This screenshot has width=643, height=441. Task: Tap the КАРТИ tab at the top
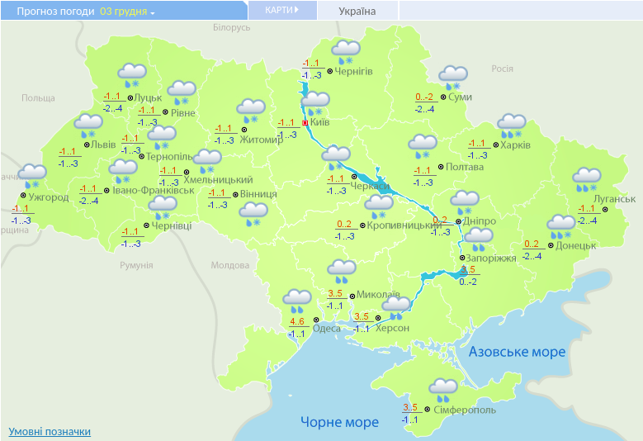[x=280, y=11]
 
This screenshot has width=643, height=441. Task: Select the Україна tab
[x=357, y=12]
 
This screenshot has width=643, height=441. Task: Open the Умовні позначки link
[x=50, y=431]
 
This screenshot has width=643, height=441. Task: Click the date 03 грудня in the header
[x=126, y=12]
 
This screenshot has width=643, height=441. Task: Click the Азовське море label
[x=518, y=352]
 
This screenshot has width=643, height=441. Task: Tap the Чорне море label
[x=339, y=422]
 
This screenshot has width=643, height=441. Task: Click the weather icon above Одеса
[x=297, y=300]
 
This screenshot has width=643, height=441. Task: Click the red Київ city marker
[x=305, y=123]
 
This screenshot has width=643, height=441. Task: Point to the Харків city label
[x=514, y=145]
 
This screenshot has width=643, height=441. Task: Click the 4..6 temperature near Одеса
[x=298, y=321]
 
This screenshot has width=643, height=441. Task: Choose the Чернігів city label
[x=354, y=71]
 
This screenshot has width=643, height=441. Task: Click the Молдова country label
[x=229, y=265]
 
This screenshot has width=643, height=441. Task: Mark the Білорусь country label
[x=231, y=27]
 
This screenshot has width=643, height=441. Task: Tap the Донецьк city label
[x=576, y=245]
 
